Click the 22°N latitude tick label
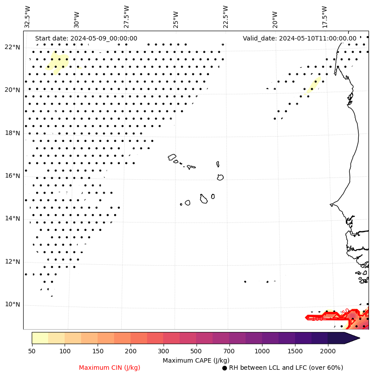pyautogui.click(x=12, y=47)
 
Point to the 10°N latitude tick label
pyautogui.click(x=12, y=304)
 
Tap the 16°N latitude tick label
pyautogui.click(x=12, y=176)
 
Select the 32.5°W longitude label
pyautogui.click(x=28, y=16)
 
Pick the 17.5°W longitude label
pyautogui.click(x=324, y=16)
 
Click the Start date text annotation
pyautogui.click(x=86, y=39)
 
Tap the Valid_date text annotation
pyautogui.click(x=299, y=39)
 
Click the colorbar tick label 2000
pyautogui.click(x=328, y=352)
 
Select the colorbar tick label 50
pyautogui.click(x=32, y=352)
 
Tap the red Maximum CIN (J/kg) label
pyautogui.click(x=110, y=368)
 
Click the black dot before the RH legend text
pyautogui.click(x=225, y=368)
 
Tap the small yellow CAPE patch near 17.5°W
pyautogui.click(x=313, y=84)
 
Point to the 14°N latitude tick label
pyautogui.click(x=12, y=218)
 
